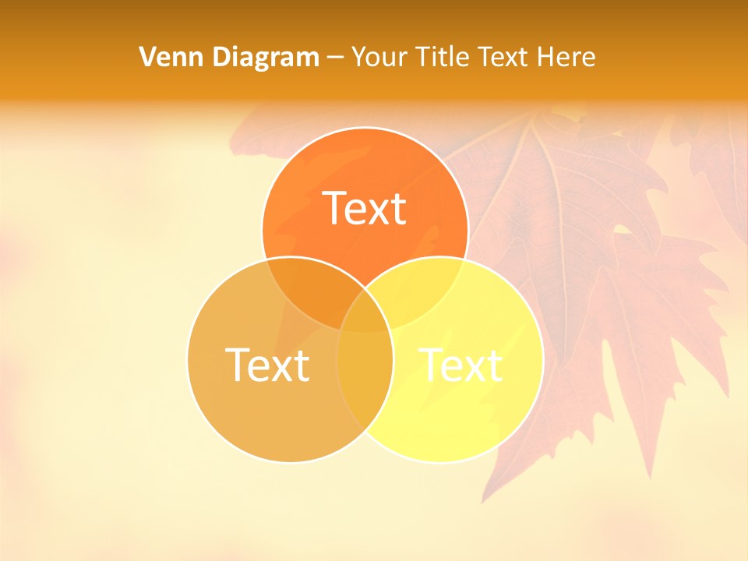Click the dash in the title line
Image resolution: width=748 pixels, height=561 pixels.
(336, 58)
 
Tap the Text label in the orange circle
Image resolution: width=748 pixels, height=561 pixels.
(365, 208)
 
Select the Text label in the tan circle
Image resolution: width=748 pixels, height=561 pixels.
(266, 365)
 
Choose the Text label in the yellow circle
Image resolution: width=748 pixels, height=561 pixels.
(461, 365)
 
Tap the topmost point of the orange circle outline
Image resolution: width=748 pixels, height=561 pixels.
(365, 128)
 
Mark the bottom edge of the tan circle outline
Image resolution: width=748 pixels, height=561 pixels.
(290, 461)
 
